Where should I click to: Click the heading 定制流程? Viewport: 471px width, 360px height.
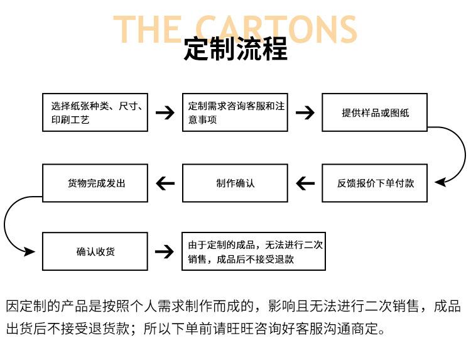tap(235, 48)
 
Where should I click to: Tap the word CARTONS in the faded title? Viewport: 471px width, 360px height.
tap(276, 29)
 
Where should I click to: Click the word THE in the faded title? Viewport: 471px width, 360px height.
tap(147, 29)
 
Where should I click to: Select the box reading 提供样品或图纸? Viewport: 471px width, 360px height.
tap(374, 112)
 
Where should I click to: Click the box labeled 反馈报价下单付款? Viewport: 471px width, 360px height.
tap(374, 183)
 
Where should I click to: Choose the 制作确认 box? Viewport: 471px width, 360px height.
tap(235, 183)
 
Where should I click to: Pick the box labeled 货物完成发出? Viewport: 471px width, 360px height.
tap(95, 183)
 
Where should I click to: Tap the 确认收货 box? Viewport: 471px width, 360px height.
tap(95, 251)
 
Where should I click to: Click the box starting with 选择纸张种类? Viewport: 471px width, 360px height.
tap(95, 112)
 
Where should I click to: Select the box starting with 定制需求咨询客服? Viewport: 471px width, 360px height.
tap(235, 112)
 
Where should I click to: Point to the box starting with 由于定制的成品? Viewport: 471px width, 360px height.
tap(254, 251)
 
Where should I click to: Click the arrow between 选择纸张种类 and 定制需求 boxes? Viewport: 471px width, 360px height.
tap(165, 112)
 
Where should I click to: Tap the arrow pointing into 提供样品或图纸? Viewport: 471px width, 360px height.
tap(305, 112)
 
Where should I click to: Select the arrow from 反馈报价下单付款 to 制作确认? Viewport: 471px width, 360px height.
tap(305, 183)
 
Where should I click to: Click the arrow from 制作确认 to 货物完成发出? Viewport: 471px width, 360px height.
tap(165, 183)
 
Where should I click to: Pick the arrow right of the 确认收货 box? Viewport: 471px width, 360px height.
tap(165, 251)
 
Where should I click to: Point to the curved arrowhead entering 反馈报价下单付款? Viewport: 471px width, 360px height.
tap(440, 182)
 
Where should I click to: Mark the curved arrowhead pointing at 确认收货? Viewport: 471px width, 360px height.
tap(30, 251)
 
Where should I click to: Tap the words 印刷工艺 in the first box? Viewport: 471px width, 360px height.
tap(70, 120)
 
